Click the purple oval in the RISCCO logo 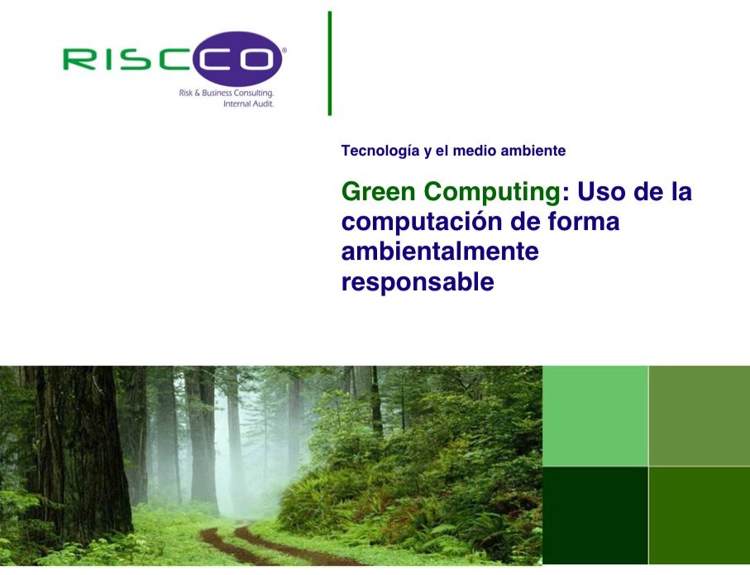click(237, 59)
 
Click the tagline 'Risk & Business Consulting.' click(227, 93)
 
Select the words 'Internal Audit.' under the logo click(248, 103)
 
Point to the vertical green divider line click(330, 63)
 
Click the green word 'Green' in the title click(379, 191)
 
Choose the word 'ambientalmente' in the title click(440, 252)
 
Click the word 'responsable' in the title click(418, 282)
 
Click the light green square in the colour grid click(595, 415)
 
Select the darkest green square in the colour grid click(595, 515)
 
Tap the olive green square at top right click(700, 415)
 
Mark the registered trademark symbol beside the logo click(284, 50)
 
